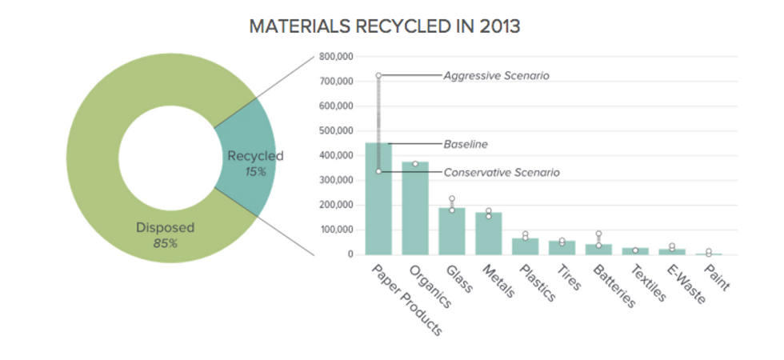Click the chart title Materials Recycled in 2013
tap(385, 26)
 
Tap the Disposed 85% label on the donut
tap(165, 234)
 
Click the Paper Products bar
tap(378, 200)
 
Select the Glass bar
tap(452, 231)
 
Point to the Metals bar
tap(489, 234)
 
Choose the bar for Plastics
tap(526, 246)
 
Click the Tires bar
tap(562, 247)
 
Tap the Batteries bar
tap(598, 249)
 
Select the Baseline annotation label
tap(466, 144)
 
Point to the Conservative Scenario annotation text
tap(502, 172)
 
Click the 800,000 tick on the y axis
tap(335, 57)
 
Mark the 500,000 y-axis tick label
tap(335, 130)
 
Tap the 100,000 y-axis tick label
tap(335, 230)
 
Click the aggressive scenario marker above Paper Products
tap(378, 76)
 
